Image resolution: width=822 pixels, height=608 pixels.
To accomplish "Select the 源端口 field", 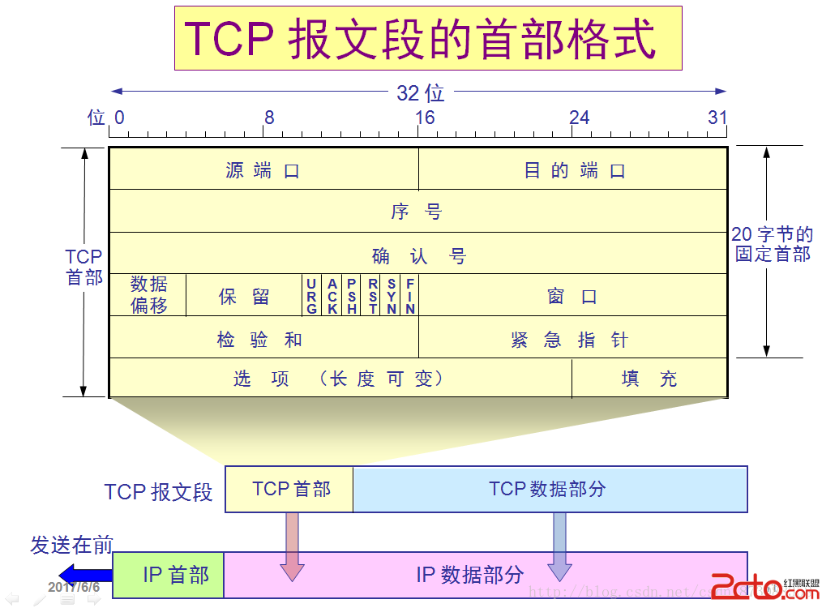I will click(263, 170).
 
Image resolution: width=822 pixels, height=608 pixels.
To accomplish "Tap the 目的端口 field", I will click(573, 170).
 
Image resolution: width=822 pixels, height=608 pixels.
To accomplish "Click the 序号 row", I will click(417, 212).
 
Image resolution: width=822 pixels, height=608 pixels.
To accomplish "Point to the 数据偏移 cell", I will click(148, 295).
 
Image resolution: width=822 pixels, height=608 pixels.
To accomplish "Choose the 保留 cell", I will click(244, 296).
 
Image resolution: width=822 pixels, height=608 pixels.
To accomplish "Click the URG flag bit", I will click(312, 296).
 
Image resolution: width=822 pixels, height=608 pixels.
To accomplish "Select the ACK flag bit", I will click(332, 296).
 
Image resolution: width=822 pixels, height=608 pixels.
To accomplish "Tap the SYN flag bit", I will click(392, 296).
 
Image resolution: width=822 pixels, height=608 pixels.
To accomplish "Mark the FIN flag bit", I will click(410, 296).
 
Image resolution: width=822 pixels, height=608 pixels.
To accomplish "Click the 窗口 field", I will click(572, 296).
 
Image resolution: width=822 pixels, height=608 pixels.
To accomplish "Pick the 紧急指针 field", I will click(572, 338).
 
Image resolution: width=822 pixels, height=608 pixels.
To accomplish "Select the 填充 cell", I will click(649, 379).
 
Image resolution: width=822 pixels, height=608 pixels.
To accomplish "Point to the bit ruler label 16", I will click(425, 118).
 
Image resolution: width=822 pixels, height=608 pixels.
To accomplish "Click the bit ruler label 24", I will click(579, 118).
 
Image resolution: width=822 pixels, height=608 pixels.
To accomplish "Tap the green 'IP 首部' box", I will click(169, 575).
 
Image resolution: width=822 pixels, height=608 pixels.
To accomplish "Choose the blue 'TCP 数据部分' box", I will click(550, 489).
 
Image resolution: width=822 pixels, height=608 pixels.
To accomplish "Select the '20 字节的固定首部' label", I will click(772, 244).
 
